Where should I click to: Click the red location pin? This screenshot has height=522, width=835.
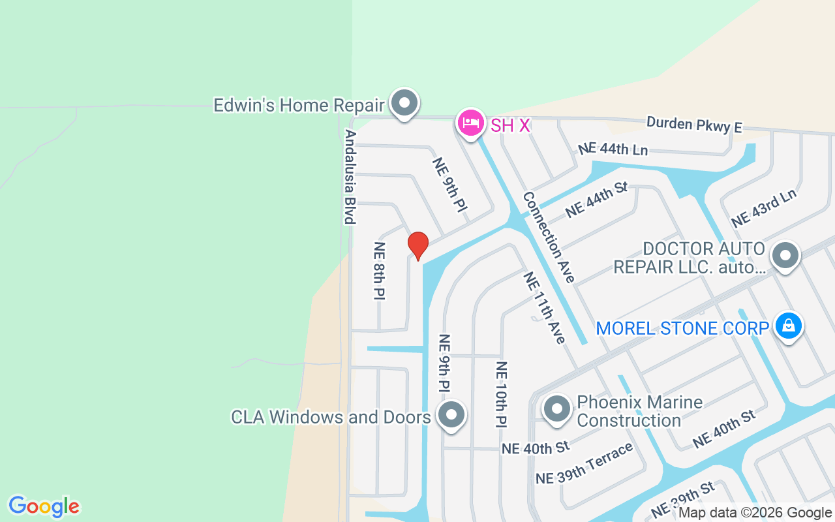point(417,245)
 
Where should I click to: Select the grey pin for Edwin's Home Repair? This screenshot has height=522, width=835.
point(404,103)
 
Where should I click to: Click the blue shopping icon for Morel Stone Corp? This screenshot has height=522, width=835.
point(788,326)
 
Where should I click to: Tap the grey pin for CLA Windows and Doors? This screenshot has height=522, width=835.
point(451,415)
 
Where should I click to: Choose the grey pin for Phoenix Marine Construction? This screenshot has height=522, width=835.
point(556,409)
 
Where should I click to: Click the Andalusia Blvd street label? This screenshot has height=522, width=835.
point(350,176)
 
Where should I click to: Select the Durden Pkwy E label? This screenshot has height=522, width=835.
point(694,125)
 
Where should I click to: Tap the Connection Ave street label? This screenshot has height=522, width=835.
point(549,236)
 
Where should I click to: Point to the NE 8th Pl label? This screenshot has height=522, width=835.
point(380,271)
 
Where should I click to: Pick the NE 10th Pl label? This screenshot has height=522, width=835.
point(501,394)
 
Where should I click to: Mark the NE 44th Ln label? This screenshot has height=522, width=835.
point(613,149)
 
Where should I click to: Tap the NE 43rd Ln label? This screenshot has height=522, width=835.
point(764,208)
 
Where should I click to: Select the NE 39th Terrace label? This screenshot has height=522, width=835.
point(584,463)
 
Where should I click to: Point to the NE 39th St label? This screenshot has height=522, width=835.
point(682,499)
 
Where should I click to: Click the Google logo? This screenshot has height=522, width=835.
point(44,506)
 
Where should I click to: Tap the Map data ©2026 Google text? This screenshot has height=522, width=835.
point(755,513)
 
